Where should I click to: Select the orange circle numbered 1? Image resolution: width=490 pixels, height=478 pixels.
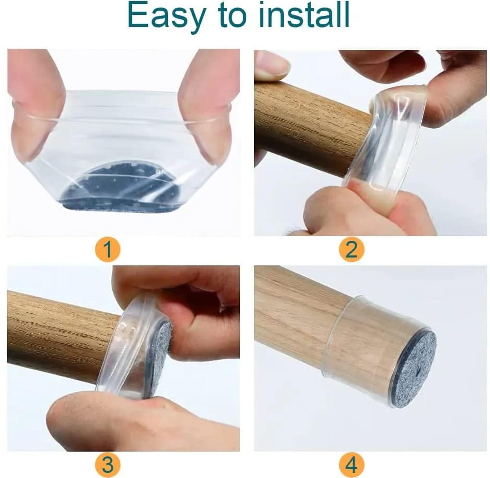pyautogui.click(x=108, y=250)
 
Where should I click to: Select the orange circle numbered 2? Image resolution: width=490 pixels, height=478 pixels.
pyautogui.click(x=351, y=249)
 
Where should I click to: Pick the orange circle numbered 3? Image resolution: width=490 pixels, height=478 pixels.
pyautogui.click(x=108, y=465)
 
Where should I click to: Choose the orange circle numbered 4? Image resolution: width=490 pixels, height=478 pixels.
pyautogui.click(x=351, y=465)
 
